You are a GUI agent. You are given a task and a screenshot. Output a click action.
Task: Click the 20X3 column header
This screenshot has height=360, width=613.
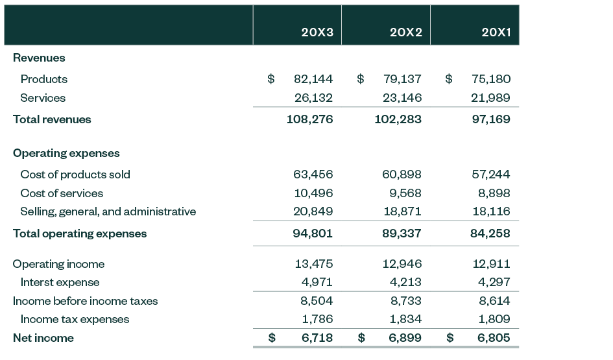[317, 32]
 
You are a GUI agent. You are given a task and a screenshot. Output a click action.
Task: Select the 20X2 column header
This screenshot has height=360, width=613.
[405, 32]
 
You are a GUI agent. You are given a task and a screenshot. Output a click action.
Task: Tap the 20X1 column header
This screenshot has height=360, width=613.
[496, 32]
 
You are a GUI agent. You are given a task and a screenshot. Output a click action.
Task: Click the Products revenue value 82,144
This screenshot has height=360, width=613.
[313, 79]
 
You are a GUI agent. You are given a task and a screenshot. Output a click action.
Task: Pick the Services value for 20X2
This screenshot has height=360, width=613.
[402, 98]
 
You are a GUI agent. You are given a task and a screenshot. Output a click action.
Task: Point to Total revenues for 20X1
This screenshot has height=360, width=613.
[490, 119]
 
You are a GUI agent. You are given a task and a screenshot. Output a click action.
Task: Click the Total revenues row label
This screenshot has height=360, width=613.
[52, 119]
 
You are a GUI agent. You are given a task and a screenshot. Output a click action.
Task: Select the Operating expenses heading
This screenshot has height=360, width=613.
[66, 154]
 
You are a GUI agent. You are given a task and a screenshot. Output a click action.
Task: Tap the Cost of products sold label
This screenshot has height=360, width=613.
[75, 174]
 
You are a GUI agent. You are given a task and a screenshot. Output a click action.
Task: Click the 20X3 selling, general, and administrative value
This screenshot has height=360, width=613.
[313, 211]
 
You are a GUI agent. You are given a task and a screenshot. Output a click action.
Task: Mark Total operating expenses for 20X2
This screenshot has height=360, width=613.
[402, 234]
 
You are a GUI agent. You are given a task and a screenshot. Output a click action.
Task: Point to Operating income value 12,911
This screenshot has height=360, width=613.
[490, 264]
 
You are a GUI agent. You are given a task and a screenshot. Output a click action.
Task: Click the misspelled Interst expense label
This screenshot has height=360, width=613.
[60, 283]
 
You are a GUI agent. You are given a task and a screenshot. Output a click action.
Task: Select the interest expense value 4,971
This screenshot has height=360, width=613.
[317, 283]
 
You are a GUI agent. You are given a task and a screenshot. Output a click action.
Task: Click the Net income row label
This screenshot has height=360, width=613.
[43, 338]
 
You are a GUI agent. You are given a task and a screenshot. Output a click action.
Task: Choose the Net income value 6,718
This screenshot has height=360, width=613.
[317, 338]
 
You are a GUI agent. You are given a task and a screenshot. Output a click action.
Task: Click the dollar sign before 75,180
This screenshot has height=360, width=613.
[449, 79]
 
